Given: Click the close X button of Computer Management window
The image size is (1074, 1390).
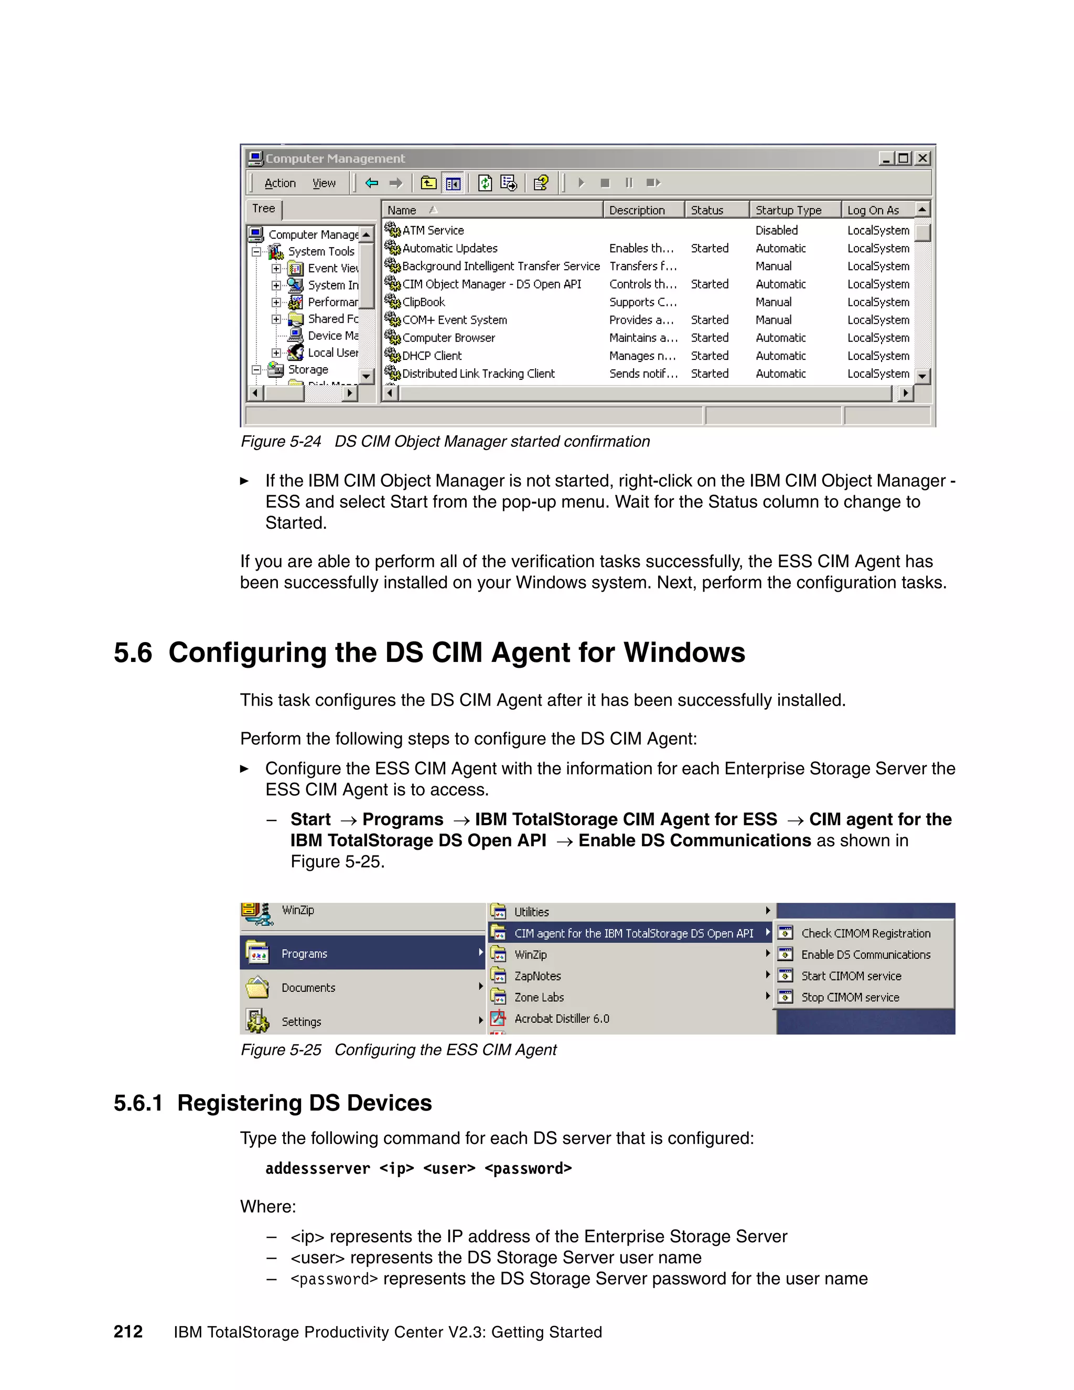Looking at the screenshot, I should pyautogui.click(x=922, y=158).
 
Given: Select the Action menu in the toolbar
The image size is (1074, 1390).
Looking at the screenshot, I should pyautogui.click(x=280, y=183).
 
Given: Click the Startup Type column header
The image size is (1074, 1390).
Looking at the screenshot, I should pyautogui.click(x=788, y=210).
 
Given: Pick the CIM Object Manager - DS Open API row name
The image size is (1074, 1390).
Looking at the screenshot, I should pyautogui.click(x=491, y=284).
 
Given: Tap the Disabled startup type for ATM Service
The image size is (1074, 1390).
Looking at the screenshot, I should pyautogui.click(x=776, y=230).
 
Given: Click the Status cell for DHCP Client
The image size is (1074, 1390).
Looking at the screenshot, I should pyautogui.click(x=710, y=356).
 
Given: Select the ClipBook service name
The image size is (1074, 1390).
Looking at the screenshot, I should pyautogui.click(x=423, y=302).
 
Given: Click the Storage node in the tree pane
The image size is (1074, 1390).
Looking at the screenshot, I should pyautogui.click(x=308, y=370).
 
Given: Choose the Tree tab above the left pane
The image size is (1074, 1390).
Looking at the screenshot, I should pyautogui.click(x=263, y=209).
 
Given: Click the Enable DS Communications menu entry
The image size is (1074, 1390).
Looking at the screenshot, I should pyautogui.click(x=865, y=955).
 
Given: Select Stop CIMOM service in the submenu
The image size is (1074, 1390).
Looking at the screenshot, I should pyautogui.click(x=850, y=997).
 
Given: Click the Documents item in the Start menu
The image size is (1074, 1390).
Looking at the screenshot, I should pyautogui.click(x=308, y=988).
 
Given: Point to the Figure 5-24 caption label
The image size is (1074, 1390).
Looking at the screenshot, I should pyautogui.click(x=281, y=442).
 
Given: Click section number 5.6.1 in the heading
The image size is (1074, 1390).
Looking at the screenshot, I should pyautogui.click(x=138, y=1103).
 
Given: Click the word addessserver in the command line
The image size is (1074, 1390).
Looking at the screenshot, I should pyautogui.click(x=317, y=1169).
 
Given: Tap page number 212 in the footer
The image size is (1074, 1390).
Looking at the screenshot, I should pyautogui.click(x=128, y=1332).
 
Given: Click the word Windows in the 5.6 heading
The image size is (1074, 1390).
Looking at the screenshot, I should pyautogui.click(x=684, y=653).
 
